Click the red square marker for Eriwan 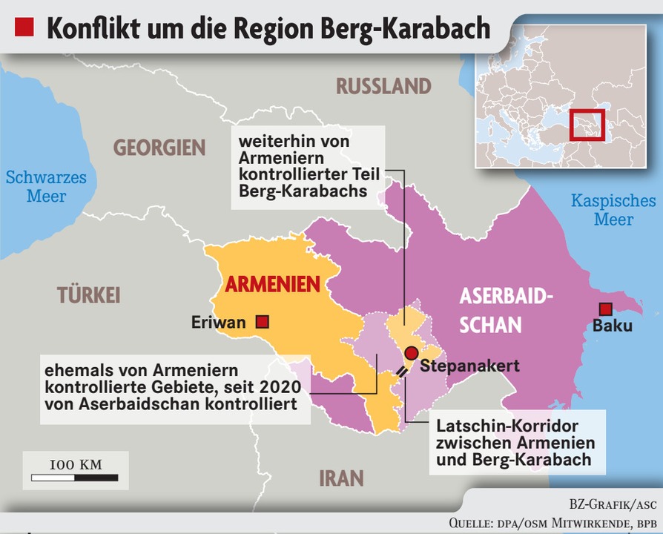click(261, 322)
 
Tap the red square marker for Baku click(605, 309)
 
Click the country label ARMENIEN click(272, 284)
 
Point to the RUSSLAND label click(383, 86)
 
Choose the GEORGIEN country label click(159, 148)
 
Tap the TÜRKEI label click(89, 296)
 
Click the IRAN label click(341, 478)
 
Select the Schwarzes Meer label click(46, 187)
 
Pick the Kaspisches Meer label click(613, 210)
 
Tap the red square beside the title click(24, 27)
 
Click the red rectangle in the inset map click(587, 124)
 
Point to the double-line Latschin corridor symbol click(402, 371)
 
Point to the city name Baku click(613, 326)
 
